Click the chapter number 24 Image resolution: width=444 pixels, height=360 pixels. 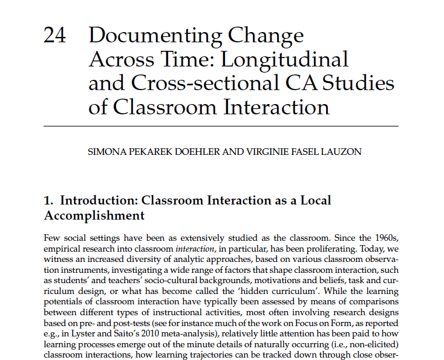coord(56,36)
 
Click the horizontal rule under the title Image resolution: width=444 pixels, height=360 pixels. coord(221,126)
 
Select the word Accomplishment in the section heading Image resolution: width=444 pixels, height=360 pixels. coord(94,215)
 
